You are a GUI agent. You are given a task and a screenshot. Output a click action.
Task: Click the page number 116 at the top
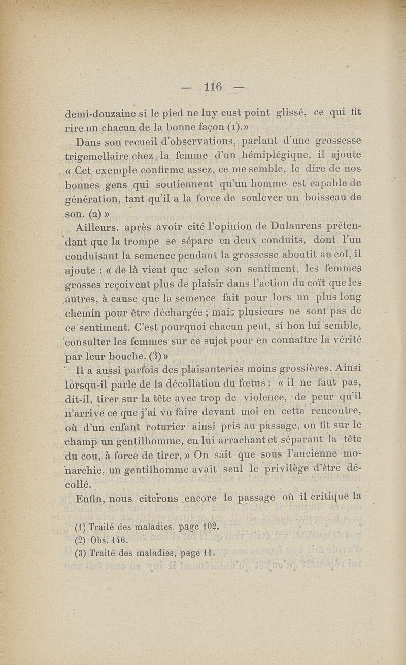pyautogui.click(x=213, y=87)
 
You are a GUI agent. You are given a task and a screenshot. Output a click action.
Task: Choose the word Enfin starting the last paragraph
pyautogui.click(x=90, y=499)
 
